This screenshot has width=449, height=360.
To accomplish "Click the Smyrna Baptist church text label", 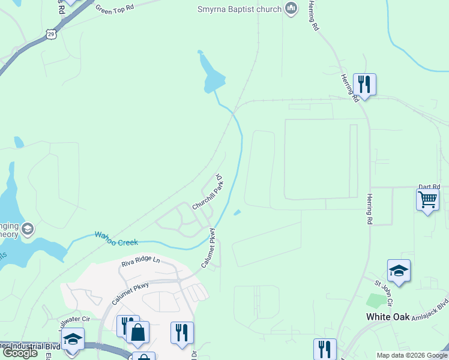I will [x=240, y=9].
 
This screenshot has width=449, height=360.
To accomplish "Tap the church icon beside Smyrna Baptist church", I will [x=291, y=9].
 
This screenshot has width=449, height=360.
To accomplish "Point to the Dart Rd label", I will [x=429, y=187].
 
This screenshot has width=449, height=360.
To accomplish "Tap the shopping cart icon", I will [x=427, y=199].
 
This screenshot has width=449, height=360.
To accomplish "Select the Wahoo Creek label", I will [x=116, y=238].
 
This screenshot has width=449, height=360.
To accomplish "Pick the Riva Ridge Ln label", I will [x=140, y=261].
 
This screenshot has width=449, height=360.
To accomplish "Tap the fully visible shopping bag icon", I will [x=137, y=332].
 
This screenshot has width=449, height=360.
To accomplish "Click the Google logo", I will [x=20, y=353].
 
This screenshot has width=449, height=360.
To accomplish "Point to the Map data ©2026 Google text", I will [x=412, y=355].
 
